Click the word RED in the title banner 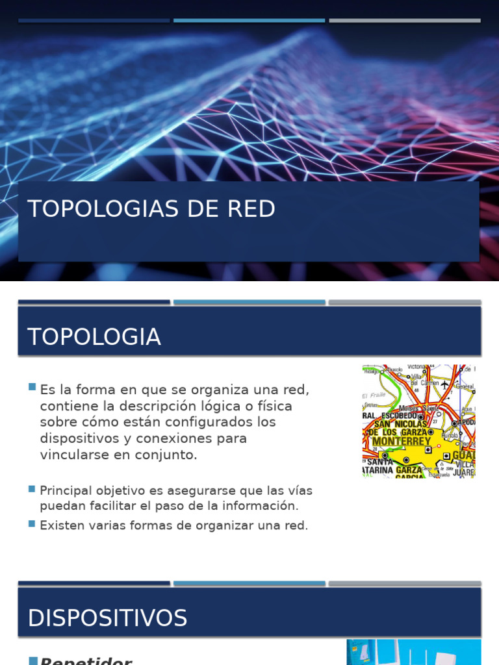251,209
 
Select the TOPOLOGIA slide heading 94,337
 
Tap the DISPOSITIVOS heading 107,618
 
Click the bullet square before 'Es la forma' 32,387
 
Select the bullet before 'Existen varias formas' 32,523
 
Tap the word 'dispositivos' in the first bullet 79,438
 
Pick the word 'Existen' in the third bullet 62,525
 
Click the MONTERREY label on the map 401,442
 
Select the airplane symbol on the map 445,384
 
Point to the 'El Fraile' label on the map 374,395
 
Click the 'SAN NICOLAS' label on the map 400,424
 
